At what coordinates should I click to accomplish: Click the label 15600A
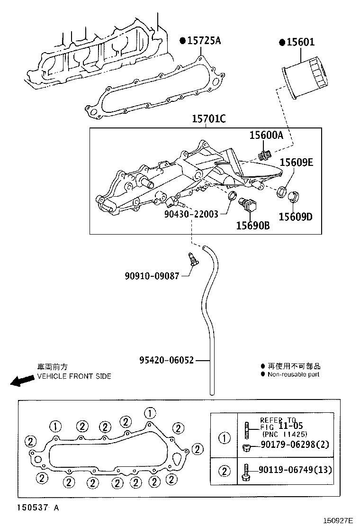pyautogui.click(x=266, y=136)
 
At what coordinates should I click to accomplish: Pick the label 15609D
pyautogui.click(x=296, y=217)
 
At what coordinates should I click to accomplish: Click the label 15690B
pyautogui.click(x=253, y=226)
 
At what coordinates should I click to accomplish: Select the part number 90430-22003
pyautogui.click(x=191, y=214)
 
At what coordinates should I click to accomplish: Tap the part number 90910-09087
pyautogui.click(x=152, y=275)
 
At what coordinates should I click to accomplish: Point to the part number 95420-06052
pyautogui.click(x=166, y=360)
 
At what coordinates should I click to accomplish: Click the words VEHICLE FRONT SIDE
pyautogui.click(x=74, y=376)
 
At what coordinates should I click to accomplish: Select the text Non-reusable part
pyautogui.click(x=293, y=374)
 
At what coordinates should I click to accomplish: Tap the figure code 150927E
pyautogui.click(x=338, y=520)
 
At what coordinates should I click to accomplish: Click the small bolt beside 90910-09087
pyautogui.click(x=192, y=260)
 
